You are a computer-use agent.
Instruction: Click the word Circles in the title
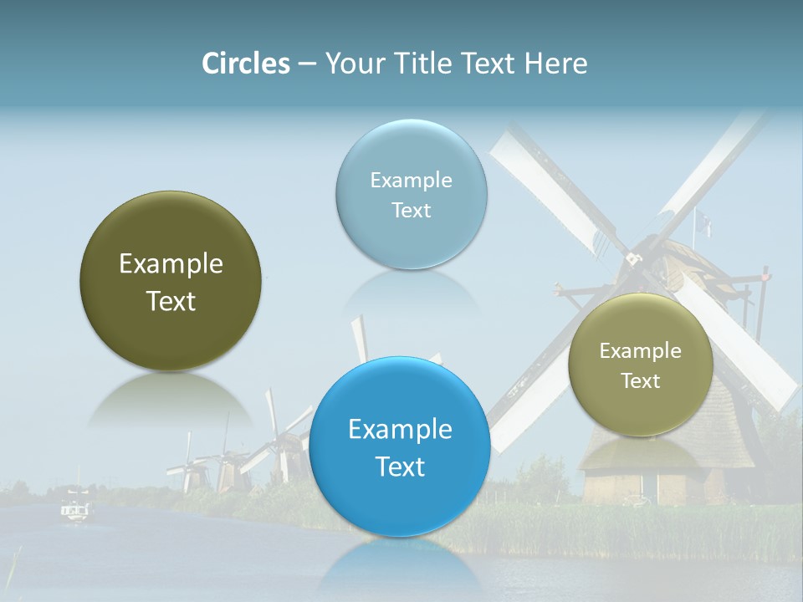point(245,64)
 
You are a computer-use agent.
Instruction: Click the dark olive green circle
point(171,282)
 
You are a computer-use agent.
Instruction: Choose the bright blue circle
point(400,446)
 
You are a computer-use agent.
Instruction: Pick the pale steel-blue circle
point(411,194)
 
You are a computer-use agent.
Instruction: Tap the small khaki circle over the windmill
point(641,365)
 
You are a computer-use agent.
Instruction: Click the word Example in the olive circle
point(171,264)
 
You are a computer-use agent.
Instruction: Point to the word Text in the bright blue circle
point(400,467)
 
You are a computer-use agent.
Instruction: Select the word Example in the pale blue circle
point(411,180)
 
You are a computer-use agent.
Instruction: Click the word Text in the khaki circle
point(641,381)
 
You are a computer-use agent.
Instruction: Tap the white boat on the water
point(75,509)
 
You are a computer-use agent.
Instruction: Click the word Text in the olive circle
point(171,301)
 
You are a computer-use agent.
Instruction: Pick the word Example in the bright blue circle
point(400,430)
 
